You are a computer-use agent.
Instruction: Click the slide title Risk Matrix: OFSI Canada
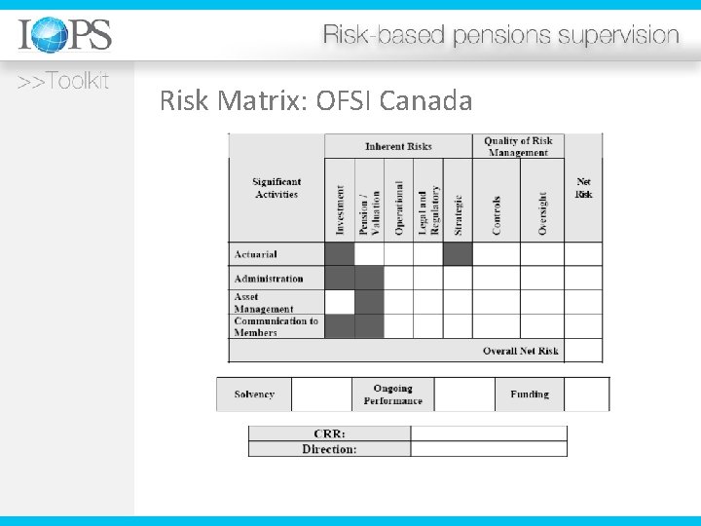tap(315, 100)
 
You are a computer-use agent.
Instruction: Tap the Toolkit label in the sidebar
tap(62, 81)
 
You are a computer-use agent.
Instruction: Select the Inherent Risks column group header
tap(398, 146)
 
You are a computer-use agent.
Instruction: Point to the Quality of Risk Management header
tap(518, 146)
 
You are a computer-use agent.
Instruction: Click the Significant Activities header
tap(277, 188)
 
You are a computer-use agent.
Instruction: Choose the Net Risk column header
tap(583, 188)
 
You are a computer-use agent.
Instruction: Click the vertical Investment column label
tap(340, 209)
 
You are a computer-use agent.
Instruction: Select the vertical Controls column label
tap(497, 214)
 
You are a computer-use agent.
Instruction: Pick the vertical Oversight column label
tap(542, 211)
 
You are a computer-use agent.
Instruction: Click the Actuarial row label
tap(256, 254)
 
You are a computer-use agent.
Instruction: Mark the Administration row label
tap(269, 279)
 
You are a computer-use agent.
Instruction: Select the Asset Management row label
tap(264, 303)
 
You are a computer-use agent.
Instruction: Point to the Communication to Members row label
tap(276, 326)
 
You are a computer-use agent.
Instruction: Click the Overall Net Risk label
tap(521, 351)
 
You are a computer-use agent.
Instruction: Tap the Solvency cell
tap(254, 394)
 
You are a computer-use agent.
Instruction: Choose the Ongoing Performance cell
tap(393, 394)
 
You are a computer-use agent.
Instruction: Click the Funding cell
tap(530, 394)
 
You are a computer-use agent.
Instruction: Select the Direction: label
tap(329, 449)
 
